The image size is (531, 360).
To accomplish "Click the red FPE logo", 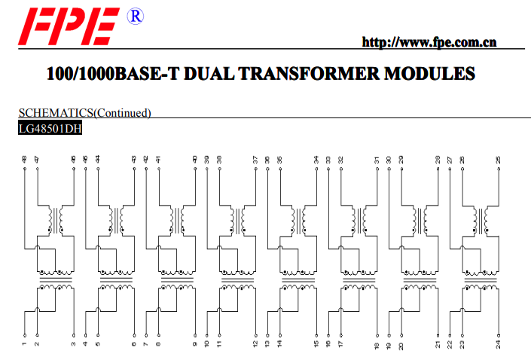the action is coord(69,26).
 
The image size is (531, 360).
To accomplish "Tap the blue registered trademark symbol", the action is coord(135,17).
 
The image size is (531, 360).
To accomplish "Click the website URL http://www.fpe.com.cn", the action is coord(429,42).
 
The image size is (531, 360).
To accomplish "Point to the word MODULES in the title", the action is coord(429,74).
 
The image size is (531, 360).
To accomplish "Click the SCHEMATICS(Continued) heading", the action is coord(84,113).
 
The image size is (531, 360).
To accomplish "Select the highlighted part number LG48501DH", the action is coord(50,128).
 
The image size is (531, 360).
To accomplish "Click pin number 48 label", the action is coord(24,159).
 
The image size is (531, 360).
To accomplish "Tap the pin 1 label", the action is coord(24,343).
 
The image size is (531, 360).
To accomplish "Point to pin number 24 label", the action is coord(498,345).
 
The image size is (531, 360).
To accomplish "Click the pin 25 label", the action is coord(498,160).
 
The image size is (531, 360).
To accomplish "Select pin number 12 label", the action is coord(255,345).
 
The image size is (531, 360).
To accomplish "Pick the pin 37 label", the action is coord(255,160).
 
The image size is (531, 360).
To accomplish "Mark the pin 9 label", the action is coord(195,344).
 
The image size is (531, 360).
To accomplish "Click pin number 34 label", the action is coord(316,160).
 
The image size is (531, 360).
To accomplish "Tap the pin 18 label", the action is coord(377,346).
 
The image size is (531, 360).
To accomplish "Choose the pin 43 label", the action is coord(134,159).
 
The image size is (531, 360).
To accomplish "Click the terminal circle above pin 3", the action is coord(74,335).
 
